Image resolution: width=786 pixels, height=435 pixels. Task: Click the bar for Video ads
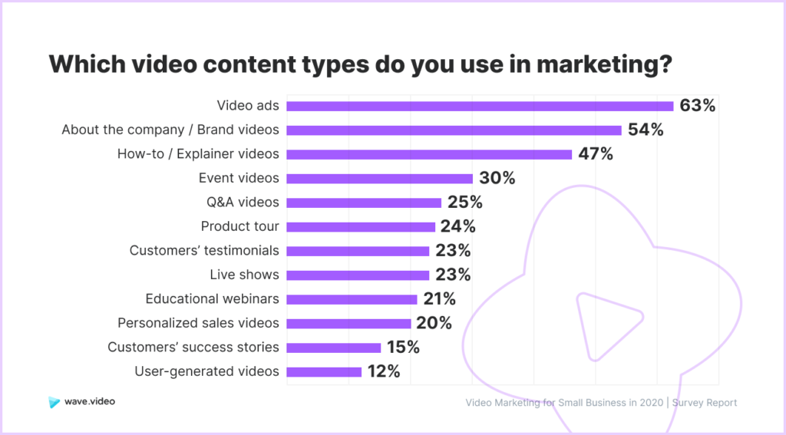click(x=480, y=106)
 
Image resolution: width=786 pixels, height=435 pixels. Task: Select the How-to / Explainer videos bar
click(x=429, y=154)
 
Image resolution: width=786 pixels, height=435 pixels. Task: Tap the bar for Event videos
click(x=379, y=179)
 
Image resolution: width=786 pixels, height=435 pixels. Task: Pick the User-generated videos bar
click(x=324, y=372)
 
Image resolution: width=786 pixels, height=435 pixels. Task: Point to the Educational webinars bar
click(x=352, y=300)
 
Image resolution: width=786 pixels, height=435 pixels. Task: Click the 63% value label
click(x=697, y=106)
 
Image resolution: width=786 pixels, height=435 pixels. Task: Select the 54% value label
click(x=646, y=130)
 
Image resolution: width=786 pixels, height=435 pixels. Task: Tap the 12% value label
click(x=384, y=371)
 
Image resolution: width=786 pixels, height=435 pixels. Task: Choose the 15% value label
click(x=403, y=348)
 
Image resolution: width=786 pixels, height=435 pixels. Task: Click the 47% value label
click(x=596, y=154)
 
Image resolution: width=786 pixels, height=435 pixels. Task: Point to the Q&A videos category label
click(x=243, y=202)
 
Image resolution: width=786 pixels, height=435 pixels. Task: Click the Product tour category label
click(x=239, y=226)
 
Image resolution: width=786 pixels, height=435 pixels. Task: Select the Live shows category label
click(x=244, y=275)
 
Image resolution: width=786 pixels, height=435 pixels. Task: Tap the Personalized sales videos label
click(x=198, y=323)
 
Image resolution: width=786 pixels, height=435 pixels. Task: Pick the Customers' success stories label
click(x=193, y=347)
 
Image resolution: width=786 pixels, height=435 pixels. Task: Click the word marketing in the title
click(x=604, y=64)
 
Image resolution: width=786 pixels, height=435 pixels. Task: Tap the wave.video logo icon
click(x=54, y=402)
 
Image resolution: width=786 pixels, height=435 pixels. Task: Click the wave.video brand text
click(x=90, y=401)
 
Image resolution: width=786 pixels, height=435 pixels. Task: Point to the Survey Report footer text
click(x=705, y=403)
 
